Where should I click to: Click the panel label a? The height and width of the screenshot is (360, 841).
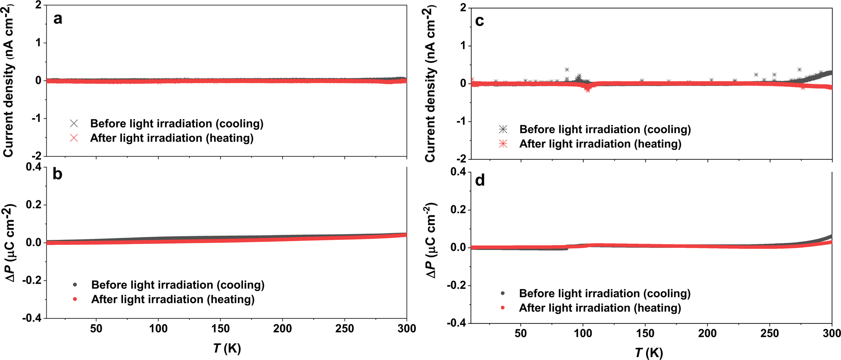click(x=58, y=19)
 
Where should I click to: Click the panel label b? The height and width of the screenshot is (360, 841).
click(x=57, y=174)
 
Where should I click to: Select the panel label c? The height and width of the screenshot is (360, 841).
click(x=479, y=21)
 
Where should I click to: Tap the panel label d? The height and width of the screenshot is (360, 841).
click(x=480, y=180)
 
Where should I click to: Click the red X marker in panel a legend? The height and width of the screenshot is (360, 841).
click(x=74, y=138)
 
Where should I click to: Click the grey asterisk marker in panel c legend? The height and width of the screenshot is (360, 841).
click(x=503, y=129)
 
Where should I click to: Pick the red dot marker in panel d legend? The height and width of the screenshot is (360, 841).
click(x=502, y=308)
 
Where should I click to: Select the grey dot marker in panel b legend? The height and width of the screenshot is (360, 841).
click(x=75, y=285)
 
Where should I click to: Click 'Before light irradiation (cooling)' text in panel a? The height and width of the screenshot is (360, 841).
click(x=177, y=124)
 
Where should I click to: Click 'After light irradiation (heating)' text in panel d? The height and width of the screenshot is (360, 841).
click(x=600, y=308)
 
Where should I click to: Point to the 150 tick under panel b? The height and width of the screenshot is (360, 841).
click(x=220, y=329)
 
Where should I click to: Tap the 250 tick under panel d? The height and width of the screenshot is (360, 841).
click(x=769, y=333)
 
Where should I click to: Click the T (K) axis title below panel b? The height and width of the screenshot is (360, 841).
click(x=227, y=348)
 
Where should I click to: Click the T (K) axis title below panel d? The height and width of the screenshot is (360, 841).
click(x=649, y=353)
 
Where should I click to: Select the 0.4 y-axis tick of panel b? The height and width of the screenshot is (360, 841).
click(x=34, y=167)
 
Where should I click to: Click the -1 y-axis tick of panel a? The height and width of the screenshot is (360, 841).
click(x=37, y=118)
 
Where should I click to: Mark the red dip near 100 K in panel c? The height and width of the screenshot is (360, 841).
click(x=588, y=89)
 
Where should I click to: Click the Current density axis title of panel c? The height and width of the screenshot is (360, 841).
click(x=430, y=84)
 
